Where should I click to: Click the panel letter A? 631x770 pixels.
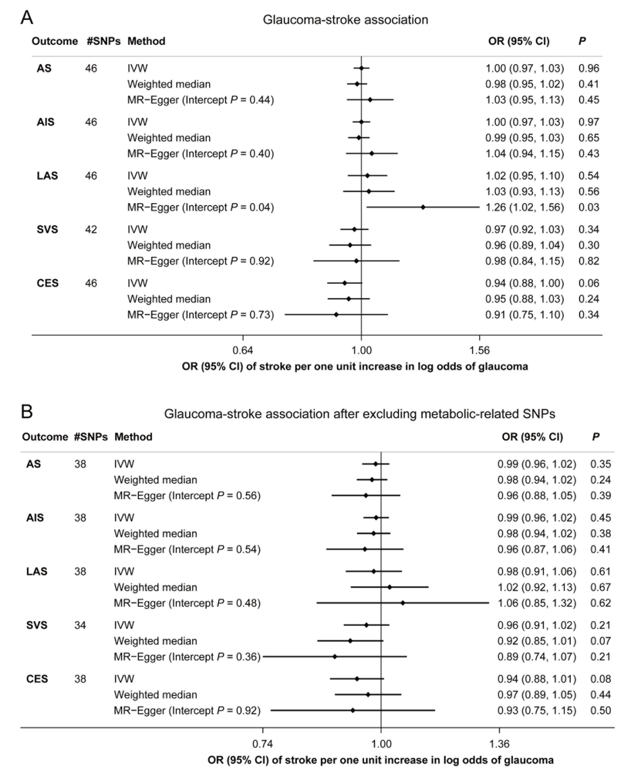[27, 18]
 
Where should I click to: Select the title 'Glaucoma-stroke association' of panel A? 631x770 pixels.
[345, 20]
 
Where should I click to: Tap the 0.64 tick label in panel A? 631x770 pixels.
[242, 350]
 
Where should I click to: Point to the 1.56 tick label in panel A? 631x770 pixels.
[480, 350]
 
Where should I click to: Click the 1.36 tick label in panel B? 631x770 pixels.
[499, 744]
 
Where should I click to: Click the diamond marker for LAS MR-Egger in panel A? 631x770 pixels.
[423, 207]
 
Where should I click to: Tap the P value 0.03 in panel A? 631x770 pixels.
[589, 207]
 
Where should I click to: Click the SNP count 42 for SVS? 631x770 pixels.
[91, 229]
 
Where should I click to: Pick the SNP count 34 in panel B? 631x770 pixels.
[80, 625]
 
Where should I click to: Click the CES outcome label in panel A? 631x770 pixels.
[47, 283]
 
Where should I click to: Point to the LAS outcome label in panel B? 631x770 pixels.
[37, 572]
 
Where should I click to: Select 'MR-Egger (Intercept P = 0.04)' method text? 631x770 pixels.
[200, 207]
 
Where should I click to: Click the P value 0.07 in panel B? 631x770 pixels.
[601, 641]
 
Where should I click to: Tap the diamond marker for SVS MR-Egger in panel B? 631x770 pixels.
[335, 657]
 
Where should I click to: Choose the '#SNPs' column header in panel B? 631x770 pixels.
[91, 437]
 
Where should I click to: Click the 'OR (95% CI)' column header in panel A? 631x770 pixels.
[519, 41]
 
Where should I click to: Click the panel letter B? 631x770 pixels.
[27, 412]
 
